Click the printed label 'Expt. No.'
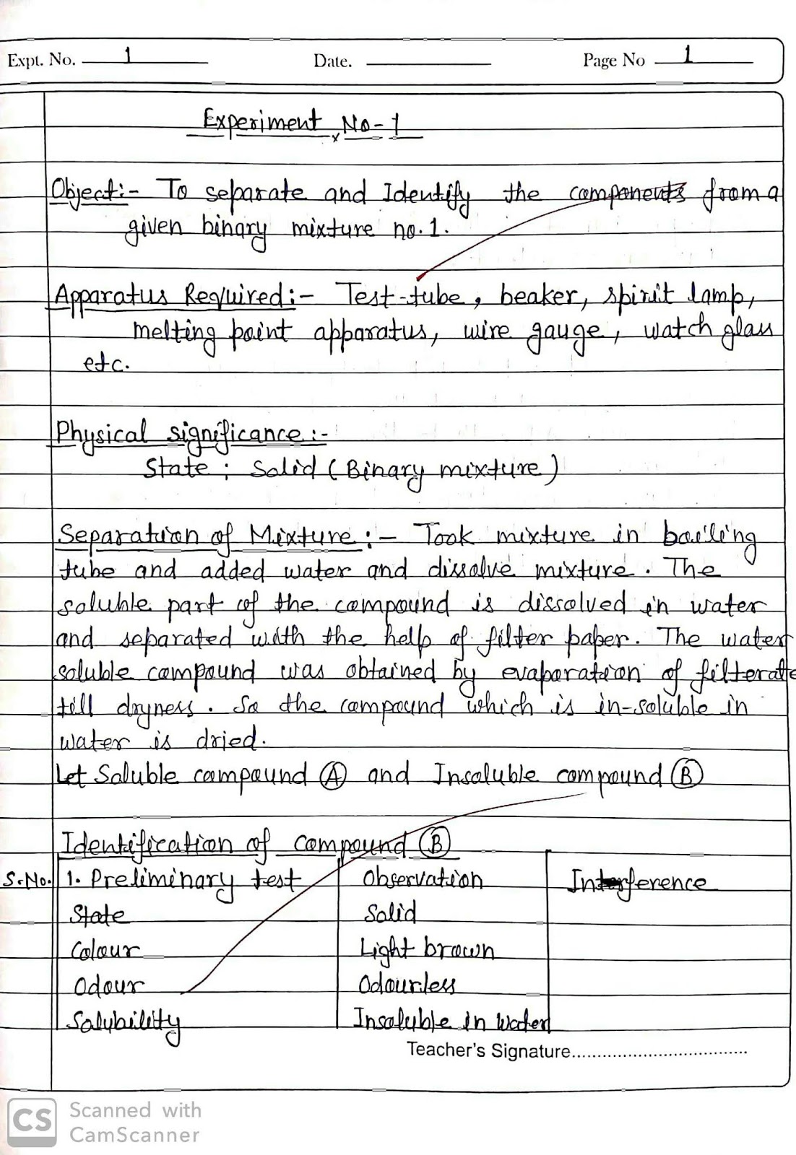(41, 60)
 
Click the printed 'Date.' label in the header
(332, 62)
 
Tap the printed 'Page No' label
(613, 60)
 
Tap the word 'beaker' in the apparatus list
(539, 296)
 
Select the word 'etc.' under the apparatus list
(105, 364)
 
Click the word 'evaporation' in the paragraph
(571, 674)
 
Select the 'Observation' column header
(423, 879)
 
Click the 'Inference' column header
(639, 882)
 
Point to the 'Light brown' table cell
(426, 949)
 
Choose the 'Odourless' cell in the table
(407, 985)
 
